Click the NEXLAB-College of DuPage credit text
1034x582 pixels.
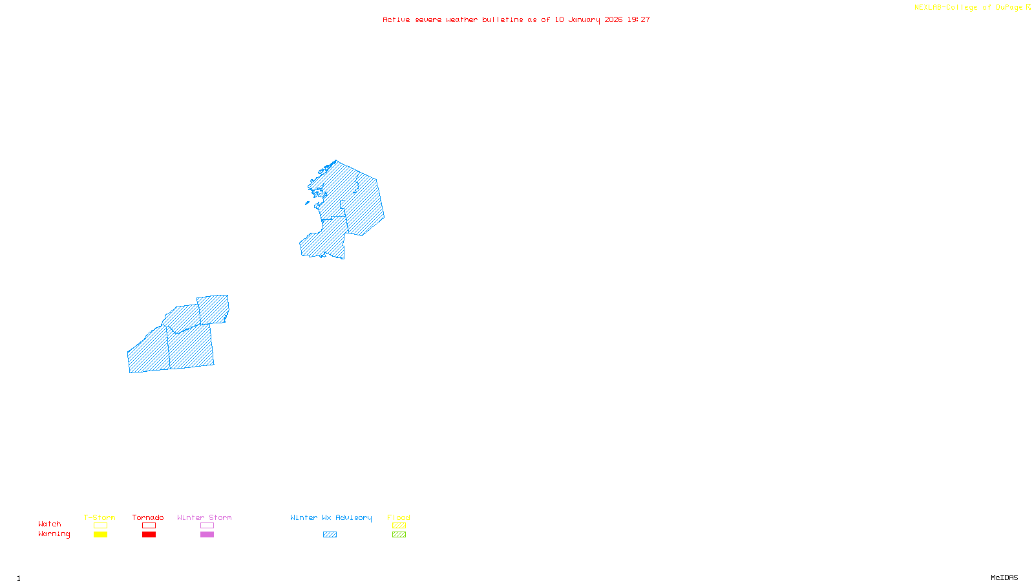coord(968,8)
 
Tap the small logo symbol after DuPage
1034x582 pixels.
coord(1028,7)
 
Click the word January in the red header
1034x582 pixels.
coord(584,20)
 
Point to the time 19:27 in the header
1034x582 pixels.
coord(638,20)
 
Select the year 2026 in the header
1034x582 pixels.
coord(613,20)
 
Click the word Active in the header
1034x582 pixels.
coord(396,20)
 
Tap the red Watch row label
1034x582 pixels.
coord(50,524)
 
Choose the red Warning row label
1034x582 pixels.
coord(54,534)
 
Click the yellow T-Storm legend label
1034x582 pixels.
coord(100,517)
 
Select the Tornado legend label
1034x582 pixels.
coord(148,517)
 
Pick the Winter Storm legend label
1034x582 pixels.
coord(204,517)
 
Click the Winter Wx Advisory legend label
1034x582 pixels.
coord(331,517)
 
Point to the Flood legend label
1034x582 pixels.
coord(399,517)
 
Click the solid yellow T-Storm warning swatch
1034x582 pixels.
coord(100,535)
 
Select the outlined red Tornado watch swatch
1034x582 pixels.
coord(149,526)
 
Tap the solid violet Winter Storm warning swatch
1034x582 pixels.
coord(207,535)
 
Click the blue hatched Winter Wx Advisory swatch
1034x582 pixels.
coord(330,535)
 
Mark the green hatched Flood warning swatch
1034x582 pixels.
coord(399,535)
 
